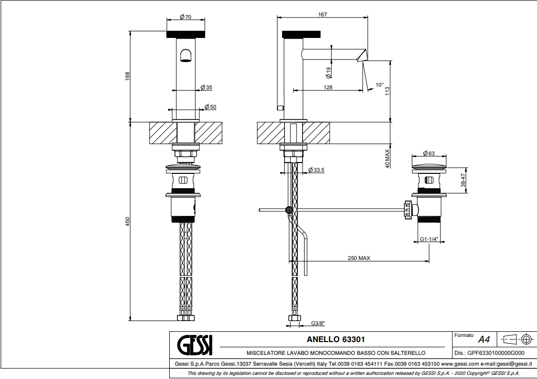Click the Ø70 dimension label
[185, 17]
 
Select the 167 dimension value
[322, 14]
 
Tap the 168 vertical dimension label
[127, 76]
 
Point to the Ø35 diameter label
[206, 87]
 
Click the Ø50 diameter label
[210, 107]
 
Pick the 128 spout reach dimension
[328, 87]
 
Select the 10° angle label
[380, 85]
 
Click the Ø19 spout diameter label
[328, 72]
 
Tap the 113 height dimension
[387, 91]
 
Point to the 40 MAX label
[387, 158]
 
